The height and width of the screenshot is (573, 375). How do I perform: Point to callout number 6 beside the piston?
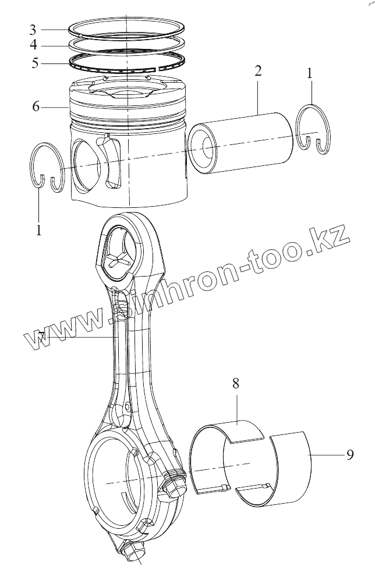pyautogui.click(x=36, y=107)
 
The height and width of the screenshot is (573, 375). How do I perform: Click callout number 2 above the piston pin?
pyautogui.click(x=257, y=72)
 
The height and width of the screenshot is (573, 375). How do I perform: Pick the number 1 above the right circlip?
pyautogui.click(x=310, y=73)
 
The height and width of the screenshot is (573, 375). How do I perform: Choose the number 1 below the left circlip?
pyautogui.click(x=38, y=230)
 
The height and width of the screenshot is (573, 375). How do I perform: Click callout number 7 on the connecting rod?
pyautogui.click(x=41, y=336)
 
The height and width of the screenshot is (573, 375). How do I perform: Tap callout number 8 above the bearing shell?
pyautogui.click(x=236, y=384)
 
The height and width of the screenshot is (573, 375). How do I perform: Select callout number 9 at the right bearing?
pyautogui.click(x=350, y=455)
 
